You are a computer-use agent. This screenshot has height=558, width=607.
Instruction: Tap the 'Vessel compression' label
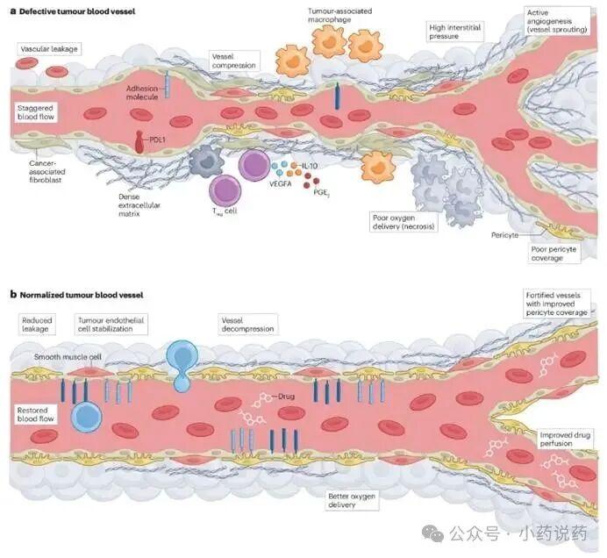[234, 60]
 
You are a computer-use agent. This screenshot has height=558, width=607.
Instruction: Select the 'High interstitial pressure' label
[454, 33]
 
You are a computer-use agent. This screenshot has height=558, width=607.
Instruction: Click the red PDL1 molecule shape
[141, 139]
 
